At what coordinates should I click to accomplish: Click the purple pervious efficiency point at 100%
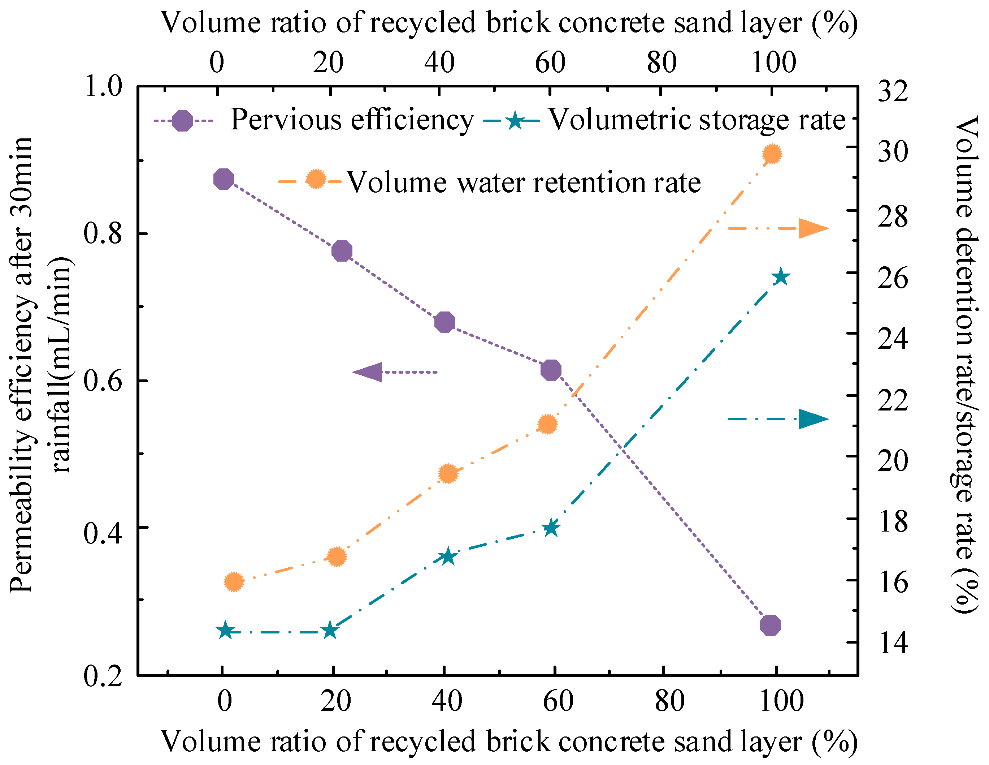point(770,626)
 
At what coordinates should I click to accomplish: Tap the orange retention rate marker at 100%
point(772,154)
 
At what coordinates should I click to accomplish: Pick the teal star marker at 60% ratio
point(551,528)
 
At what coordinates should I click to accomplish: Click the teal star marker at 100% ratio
point(780,277)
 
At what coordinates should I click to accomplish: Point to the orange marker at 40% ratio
point(448,474)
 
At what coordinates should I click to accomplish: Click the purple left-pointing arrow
point(368,372)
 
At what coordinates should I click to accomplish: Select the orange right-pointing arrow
point(813,228)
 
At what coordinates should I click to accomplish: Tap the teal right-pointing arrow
point(813,419)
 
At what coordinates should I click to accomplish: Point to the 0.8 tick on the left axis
point(103,234)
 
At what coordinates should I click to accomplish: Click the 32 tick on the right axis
point(893,91)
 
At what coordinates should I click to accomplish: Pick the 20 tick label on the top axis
point(328,63)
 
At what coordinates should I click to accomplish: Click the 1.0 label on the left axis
point(103,86)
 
